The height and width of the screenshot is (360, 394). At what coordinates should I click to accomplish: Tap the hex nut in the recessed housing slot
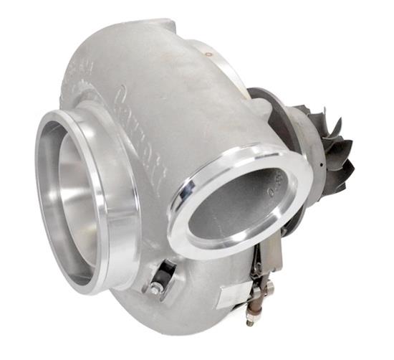155,288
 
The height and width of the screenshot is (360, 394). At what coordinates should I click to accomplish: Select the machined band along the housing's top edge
215,54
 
